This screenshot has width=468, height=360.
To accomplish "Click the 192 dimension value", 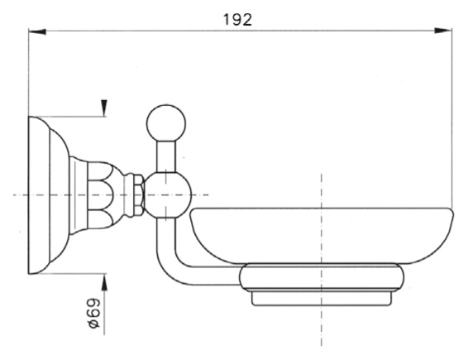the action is [x=237, y=20].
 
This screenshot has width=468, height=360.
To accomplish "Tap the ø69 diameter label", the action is [x=93, y=314].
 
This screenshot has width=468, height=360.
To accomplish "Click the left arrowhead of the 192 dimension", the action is [x=37, y=31].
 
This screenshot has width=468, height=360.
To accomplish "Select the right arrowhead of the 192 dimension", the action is [x=443, y=31].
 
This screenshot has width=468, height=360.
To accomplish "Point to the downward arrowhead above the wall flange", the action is [x=104, y=108].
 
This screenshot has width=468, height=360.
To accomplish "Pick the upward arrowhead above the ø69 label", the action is [x=104, y=283].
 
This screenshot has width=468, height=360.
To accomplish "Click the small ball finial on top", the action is [x=166, y=123].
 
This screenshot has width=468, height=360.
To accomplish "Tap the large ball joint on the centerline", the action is [x=167, y=195].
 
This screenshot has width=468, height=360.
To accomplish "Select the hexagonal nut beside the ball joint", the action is [x=139, y=195].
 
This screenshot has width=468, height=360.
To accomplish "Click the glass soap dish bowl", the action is [x=322, y=236].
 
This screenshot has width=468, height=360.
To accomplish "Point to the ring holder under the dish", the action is [x=322, y=276].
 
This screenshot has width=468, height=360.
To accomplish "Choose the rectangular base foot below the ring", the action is [x=322, y=298].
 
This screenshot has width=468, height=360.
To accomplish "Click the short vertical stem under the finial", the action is [x=166, y=157].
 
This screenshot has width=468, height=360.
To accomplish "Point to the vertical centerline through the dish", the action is [x=322, y=259].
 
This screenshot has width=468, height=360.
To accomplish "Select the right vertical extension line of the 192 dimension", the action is [x=452, y=118].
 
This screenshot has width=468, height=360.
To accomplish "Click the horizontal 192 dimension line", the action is [x=240, y=31].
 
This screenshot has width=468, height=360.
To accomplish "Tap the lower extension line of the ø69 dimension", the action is [x=68, y=273].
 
